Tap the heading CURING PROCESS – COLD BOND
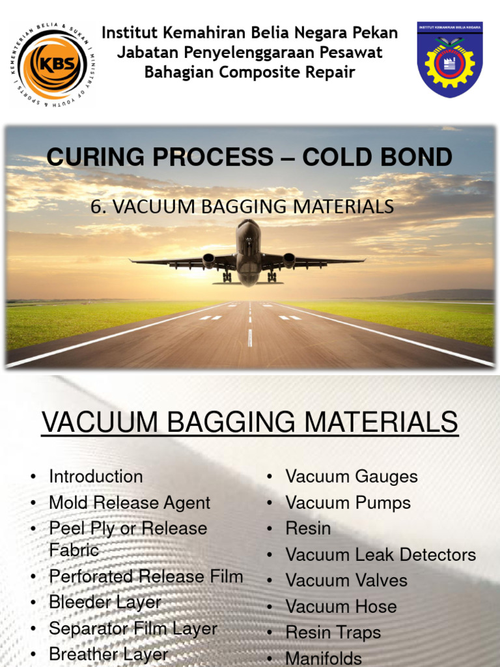(249, 157)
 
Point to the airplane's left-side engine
(209, 260)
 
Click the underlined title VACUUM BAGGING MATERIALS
(249, 423)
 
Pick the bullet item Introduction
(96, 477)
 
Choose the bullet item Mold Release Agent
(130, 503)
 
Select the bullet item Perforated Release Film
(146, 576)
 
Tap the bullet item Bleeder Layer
(105, 603)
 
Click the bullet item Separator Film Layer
(133, 629)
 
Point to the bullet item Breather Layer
(109, 655)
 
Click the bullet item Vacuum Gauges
(352, 477)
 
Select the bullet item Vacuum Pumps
(348, 503)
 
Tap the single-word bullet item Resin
(308, 528)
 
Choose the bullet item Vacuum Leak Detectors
(381, 555)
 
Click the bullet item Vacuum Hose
(341, 606)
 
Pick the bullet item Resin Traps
(333, 632)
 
